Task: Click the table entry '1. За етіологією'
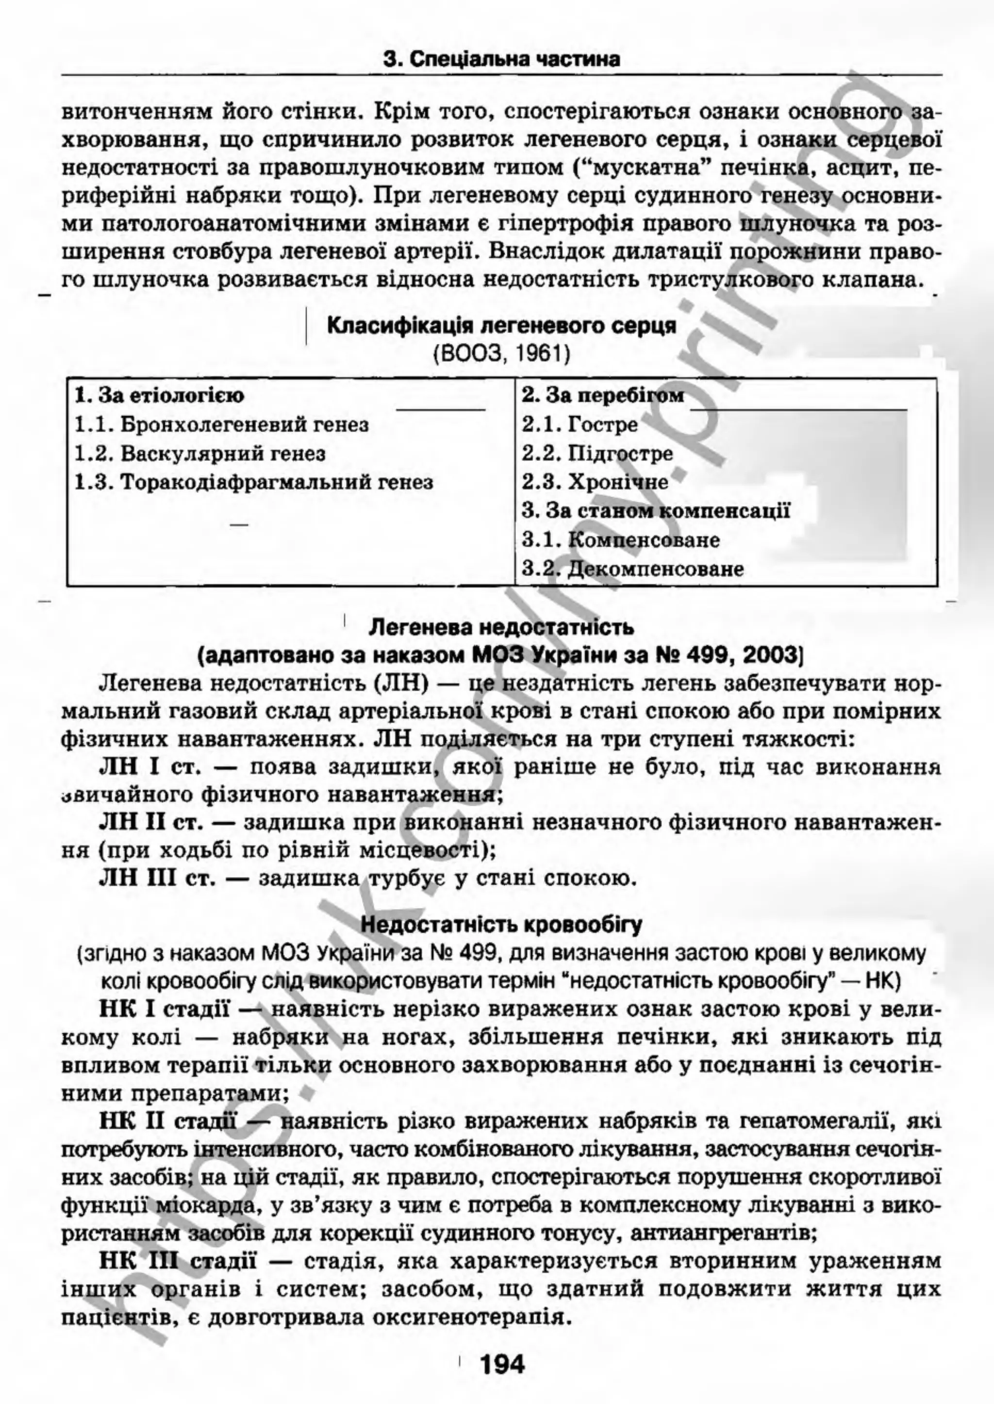tap(159, 395)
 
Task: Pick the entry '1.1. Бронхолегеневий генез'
tap(222, 424)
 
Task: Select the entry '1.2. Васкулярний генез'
tap(200, 454)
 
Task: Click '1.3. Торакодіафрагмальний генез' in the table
tap(253, 483)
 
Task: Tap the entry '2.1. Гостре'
tap(580, 424)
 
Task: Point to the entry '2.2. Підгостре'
tap(597, 454)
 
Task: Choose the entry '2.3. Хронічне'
tap(595, 483)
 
